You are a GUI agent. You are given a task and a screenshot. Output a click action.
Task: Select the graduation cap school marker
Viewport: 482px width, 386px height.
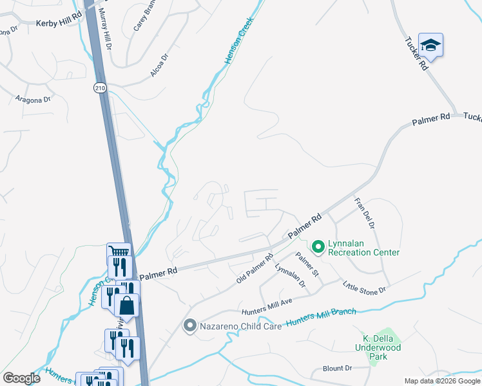click(x=430, y=46)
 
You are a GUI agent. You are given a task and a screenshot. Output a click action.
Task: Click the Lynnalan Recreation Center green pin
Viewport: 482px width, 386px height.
click(x=318, y=246)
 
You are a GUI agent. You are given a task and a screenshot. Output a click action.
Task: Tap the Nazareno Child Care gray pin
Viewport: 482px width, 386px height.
click(x=189, y=326)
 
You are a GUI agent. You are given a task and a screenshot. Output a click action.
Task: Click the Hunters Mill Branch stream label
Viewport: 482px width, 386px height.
click(x=321, y=317)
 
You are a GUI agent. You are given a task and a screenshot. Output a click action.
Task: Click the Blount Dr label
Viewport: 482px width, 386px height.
click(x=338, y=369)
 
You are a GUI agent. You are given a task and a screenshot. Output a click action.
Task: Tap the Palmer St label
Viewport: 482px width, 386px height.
click(x=307, y=264)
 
